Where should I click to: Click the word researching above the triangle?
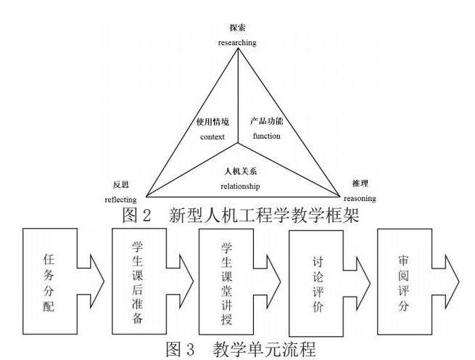pyautogui.click(x=237, y=43)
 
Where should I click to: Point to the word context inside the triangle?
pyautogui.click(x=214, y=136)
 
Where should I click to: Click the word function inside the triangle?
pyautogui.click(x=266, y=136)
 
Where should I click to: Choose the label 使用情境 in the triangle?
pyautogui.click(x=213, y=121)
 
